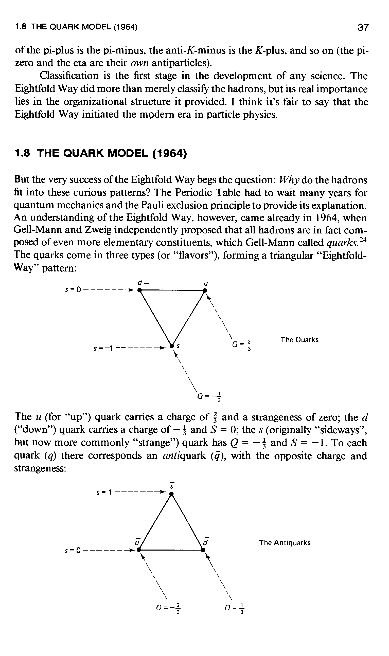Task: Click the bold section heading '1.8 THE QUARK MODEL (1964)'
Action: coord(101,153)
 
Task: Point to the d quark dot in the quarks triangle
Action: coord(140,290)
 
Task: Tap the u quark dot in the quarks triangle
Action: coord(205,290)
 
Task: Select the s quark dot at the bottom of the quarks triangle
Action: coord(172,346)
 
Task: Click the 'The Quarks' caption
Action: coord(300,340)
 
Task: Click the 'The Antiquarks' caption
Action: coord(285,542)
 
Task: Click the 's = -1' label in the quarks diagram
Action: coord(103,349)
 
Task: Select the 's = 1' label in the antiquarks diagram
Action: coord(104,493)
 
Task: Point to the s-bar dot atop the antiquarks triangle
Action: coord(171,494)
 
